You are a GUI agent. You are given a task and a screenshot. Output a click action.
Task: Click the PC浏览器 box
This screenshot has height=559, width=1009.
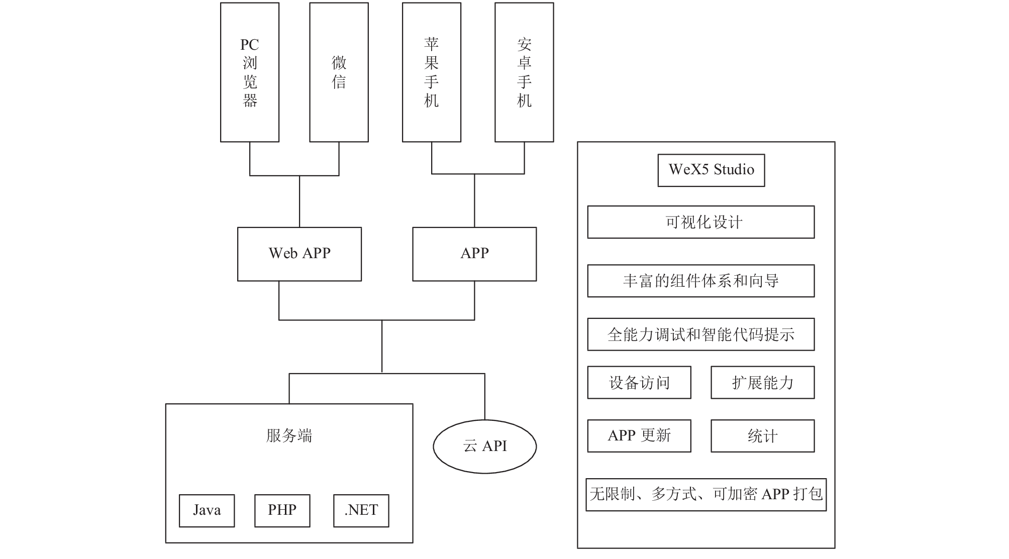(250, 72)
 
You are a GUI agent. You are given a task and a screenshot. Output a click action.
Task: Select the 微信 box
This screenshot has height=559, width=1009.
(339, 72)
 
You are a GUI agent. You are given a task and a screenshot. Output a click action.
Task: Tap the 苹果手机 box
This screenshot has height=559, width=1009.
(432, 72)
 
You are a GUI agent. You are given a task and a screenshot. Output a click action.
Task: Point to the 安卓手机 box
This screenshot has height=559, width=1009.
(524, 72)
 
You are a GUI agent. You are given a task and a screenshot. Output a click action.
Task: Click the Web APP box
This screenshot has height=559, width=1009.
(299, 254)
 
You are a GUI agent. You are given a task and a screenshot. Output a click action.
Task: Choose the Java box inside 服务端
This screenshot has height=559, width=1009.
(207, 511)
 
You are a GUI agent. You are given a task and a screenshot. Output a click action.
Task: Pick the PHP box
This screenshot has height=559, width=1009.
(282, 511)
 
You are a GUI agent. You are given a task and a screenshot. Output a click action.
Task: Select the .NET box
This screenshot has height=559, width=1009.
(361, 511)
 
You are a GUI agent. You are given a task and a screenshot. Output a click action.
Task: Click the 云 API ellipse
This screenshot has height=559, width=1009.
(485, 446)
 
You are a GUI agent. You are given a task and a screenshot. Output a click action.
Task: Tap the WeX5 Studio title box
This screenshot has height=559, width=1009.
(712, 170)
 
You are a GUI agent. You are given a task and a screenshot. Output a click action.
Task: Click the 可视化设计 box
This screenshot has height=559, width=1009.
(701, 222)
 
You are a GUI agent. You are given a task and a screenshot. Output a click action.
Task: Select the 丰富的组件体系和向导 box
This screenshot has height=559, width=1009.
(701, 281)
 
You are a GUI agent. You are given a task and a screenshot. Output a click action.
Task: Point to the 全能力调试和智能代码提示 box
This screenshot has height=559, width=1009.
(701, 334)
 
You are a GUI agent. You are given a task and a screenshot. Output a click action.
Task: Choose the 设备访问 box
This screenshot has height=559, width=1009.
(639, 383)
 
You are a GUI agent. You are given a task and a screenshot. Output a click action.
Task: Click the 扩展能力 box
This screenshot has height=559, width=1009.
(763, 383)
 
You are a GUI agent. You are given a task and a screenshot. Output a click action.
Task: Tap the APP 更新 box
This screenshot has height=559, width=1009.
(639, 436)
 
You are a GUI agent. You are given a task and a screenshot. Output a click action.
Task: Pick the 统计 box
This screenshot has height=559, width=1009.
(763, 436)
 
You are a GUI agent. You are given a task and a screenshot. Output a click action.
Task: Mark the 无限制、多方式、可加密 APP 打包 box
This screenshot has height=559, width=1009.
(706, 495)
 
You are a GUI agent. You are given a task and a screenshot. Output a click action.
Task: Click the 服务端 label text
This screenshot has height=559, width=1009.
(289, 435)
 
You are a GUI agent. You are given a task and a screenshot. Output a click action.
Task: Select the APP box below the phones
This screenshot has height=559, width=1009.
(474, 254)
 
